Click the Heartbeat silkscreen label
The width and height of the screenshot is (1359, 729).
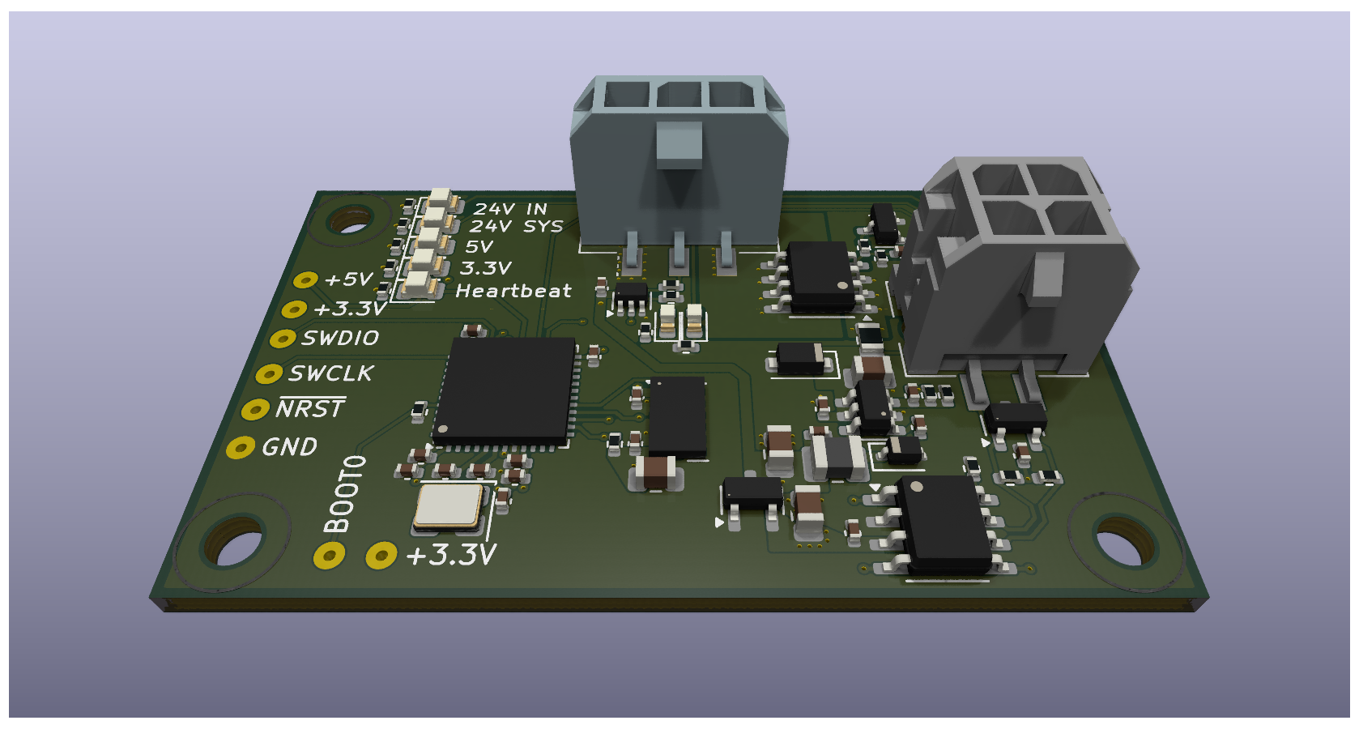(513, 291)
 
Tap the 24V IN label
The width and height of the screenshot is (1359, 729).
(511, 209)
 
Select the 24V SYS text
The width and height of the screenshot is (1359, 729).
(516, 227)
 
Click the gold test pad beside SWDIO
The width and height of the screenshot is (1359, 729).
(282, 338)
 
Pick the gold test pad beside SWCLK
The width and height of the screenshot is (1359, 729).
(269, 374)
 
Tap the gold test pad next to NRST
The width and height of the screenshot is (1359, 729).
(255, 410)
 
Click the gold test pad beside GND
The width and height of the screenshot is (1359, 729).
(241, 448)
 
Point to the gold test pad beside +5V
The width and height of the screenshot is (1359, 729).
(306, 279)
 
